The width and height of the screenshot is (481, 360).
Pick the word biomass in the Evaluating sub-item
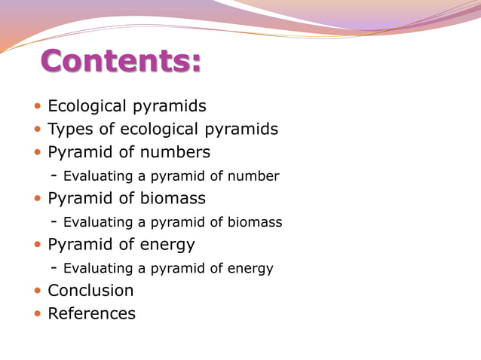256,222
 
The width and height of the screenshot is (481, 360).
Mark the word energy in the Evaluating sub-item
252,268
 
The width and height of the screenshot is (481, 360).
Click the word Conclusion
90,291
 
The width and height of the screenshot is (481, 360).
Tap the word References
91,313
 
